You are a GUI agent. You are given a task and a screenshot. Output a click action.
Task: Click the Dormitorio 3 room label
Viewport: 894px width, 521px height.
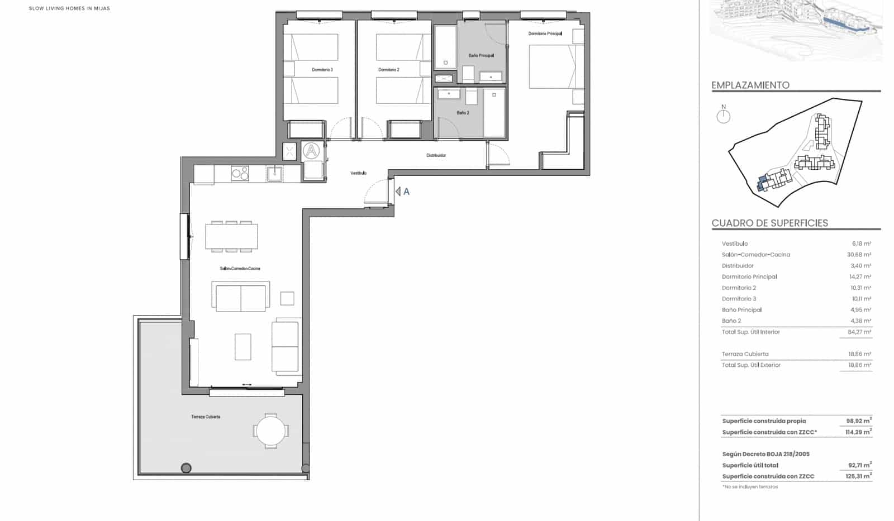(x=322, y=70)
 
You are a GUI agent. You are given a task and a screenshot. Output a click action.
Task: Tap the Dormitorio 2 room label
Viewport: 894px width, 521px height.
(x=389, y=70)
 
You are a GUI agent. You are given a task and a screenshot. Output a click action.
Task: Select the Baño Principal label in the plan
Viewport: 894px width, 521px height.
(x=481, y=56)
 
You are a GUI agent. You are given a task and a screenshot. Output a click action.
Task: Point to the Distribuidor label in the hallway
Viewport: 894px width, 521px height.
(x=436, y=155)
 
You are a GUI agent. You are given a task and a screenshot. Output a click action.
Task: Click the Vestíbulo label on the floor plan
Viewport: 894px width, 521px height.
(x=359, y=173)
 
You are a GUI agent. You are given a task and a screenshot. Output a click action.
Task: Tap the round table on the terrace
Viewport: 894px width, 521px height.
(x=271, y=431)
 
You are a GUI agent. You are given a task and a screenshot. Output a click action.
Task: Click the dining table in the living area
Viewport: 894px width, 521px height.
(x=231, y=236)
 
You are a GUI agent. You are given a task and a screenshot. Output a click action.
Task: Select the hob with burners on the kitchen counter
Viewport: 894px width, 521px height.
(x=240, y=174)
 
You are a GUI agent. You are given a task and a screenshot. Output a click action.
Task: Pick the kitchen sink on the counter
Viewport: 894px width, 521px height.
(x=275, y=174)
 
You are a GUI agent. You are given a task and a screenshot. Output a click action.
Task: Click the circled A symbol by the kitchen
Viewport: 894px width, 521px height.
(x=311, y=150)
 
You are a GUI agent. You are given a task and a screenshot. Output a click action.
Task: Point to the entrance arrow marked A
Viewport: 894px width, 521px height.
(x=402, y=192)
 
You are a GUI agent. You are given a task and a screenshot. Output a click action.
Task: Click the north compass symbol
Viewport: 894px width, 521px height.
(x=724, y=116)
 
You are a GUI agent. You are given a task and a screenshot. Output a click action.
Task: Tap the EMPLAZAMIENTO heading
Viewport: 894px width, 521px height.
(x=750, y=85)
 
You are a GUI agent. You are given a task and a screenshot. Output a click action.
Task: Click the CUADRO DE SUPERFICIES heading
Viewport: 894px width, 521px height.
(x=769, y=223)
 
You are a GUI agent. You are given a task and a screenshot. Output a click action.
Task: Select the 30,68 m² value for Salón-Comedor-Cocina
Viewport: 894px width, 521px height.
(x=859, y=255)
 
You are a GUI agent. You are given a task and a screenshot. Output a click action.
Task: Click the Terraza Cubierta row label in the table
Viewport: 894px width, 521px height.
(x=745, y=354)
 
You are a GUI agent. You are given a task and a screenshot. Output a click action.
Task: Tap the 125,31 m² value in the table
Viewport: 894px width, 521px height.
(x=859, y=476)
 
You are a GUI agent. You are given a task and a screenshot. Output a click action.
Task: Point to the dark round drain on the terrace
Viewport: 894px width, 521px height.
(x=186, y=468)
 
